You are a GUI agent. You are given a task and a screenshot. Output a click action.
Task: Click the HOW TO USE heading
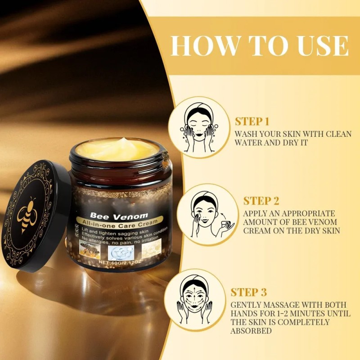[x=260, y=45]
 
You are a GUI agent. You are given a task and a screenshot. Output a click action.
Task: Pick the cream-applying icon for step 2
[x=207, y=214]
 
